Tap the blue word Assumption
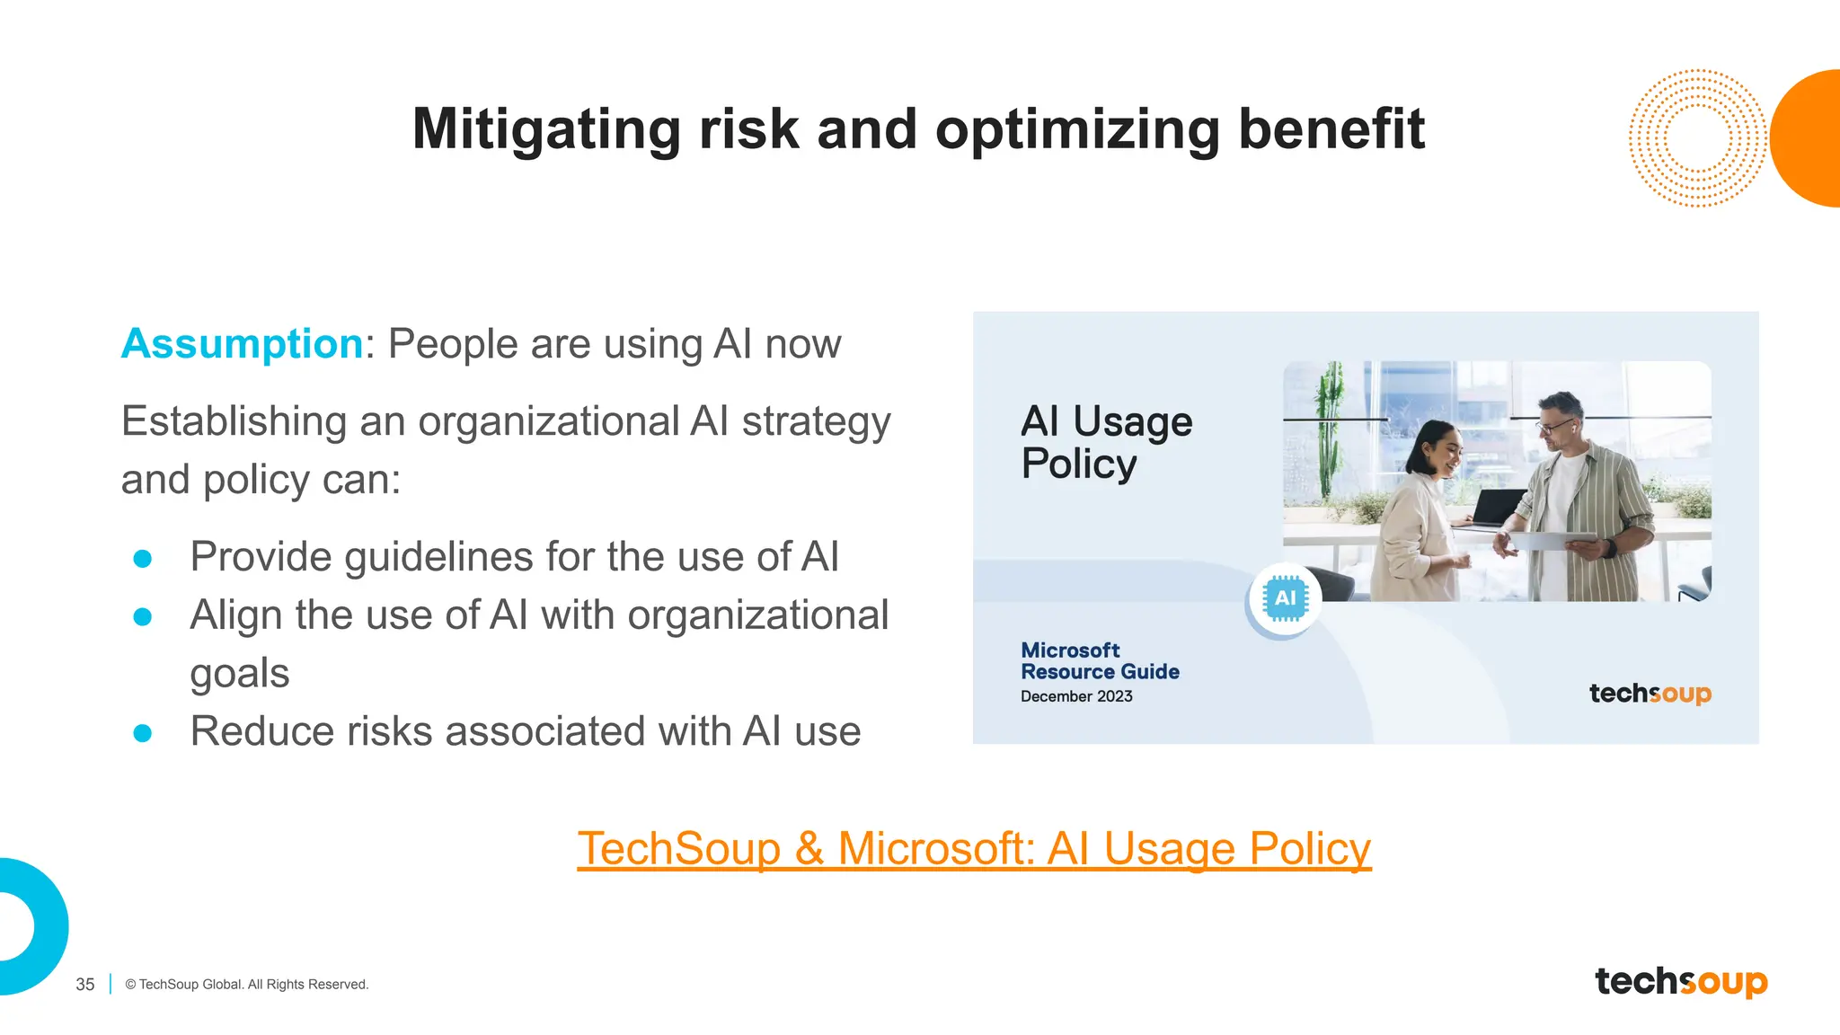coord(242,344)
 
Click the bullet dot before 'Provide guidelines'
coord(142,559)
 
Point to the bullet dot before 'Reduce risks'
coord(142,733)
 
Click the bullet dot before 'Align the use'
coord(142,616)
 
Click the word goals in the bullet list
coord(240,674)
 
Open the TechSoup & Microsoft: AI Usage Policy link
coord(974,848)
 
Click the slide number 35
coord(85,985)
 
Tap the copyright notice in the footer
coord(247,985)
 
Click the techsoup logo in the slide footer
coord(1681,981)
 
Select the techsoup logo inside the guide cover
coord(1650,694)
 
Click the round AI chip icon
coord(1285,598)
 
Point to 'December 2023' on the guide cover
coord(1076,696)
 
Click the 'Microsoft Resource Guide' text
coord(1100,661)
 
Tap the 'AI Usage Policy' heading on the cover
coord(1106,442)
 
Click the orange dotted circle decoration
coord(1696,138)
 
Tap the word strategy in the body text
coord(816,422)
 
